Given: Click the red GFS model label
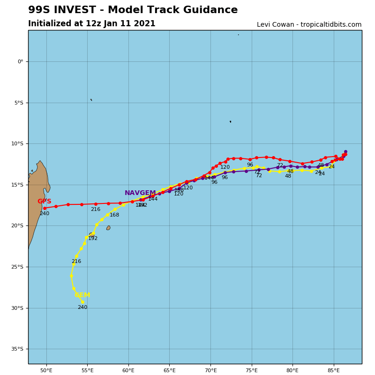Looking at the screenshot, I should [45, 202].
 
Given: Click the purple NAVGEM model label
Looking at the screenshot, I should [140, 193].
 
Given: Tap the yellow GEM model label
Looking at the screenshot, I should [82, 295].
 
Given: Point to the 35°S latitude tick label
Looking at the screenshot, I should [17, 349].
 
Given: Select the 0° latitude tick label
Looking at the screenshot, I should [20, 61].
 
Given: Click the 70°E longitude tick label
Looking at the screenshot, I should [210, 371].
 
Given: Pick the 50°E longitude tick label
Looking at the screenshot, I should [46, 371].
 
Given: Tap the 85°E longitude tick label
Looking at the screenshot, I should [334, 371].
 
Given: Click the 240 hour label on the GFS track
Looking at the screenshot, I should [45, 214].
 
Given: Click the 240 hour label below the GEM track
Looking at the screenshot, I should [82, 307].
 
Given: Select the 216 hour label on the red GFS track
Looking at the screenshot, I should [96, 210].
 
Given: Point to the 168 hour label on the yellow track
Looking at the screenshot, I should [114, 215].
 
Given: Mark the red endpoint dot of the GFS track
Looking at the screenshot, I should [45, 208].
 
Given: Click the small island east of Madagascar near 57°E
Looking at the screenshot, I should [108, 228].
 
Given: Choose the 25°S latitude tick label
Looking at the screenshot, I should [17, 267].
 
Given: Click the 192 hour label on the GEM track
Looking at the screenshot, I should [93, 239].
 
